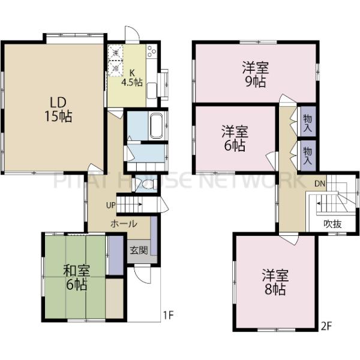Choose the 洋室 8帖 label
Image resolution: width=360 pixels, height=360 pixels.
click(275, 283)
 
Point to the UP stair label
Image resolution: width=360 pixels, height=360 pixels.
click(110, 205)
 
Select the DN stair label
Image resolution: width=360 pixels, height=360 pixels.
click(320, 182)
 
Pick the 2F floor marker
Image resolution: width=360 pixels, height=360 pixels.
click(326, 326)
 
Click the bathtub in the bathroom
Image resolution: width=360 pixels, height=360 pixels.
click(157, 125)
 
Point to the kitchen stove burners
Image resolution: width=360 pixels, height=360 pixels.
click(151, 53)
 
